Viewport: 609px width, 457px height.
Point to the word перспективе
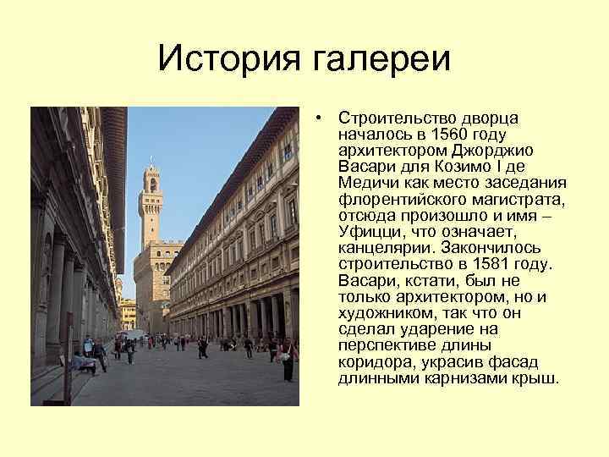(382, 345)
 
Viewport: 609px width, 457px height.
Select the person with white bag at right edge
(288, 360)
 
